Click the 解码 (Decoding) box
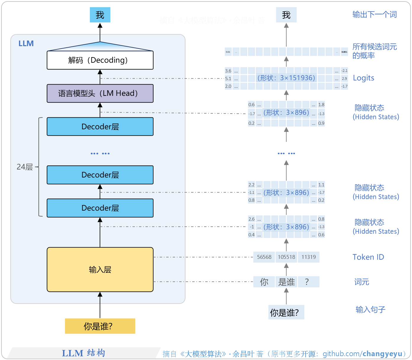(x=100, y=60)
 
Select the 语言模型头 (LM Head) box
(x=100, y=93)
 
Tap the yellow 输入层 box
(x=100, y=269)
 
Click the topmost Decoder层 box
(x=100, y=127)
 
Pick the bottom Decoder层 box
(x=100, y=208)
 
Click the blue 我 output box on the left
(x=100, y=15)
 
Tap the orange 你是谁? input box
(x=100, y=326)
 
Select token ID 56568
(x=264, y=257)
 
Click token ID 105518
(x=286, y=257)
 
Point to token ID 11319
(x=308, y=257)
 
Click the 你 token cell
(x=264, y=282)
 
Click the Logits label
(x=363, y=78)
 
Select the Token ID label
(x=368, y=257)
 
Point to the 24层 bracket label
(x=25, y=167)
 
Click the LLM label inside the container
(x=26, y=43)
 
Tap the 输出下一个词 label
(x=374, y=14)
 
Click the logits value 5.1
(x=228, y=79)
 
